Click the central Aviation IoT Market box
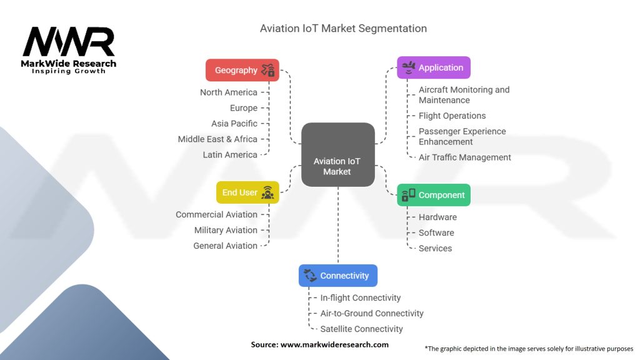pos(337,154)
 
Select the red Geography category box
pos(242,70)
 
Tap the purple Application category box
pos(434,67)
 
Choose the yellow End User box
pos(247,192)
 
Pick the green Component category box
pos(434,195)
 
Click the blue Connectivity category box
pos(337,276)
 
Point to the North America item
pos(229,92)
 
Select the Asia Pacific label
pos(234,124)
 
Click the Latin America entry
pos(230,155)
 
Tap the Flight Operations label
pos(452,116)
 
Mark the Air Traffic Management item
pos(464,157)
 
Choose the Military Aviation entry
pos(226,230)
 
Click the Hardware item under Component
pos(437,217)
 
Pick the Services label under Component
pos(435,249)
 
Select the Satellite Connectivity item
pos(361,329)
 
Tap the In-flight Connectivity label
pos(360,298)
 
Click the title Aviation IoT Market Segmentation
pos(343,29)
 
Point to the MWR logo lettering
pos(69,42)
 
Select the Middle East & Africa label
pos(217,139)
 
